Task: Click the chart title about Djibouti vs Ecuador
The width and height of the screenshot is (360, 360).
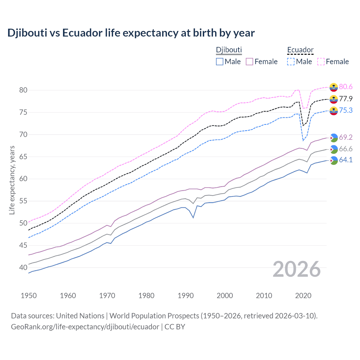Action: [131, 33]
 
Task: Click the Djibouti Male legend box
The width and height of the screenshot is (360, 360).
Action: [220, 62]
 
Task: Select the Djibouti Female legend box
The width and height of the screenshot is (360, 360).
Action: [249, 62]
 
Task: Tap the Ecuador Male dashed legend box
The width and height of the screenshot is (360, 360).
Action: [291, 62]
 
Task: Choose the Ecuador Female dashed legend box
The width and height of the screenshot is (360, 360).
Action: [321, 62]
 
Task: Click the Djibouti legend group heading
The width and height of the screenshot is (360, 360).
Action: [229, 50]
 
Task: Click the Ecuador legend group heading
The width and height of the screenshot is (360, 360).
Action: [300, 50]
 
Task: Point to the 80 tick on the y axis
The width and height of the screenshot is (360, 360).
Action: [23, 90]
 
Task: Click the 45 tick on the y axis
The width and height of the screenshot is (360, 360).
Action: [23, 246]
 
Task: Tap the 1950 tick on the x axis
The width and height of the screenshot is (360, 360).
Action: [29, 296]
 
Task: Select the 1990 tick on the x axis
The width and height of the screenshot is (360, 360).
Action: [186, 296]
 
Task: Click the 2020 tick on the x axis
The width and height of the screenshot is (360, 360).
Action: [303, 296]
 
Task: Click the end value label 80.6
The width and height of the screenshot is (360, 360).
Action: [346, 87]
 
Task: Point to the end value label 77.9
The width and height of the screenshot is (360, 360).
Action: [346, 99]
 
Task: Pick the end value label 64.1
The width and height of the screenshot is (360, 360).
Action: [346, 160]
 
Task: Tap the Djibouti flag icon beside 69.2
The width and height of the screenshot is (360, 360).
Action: [334, 138]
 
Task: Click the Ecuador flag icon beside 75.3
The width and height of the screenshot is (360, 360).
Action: [334, 111]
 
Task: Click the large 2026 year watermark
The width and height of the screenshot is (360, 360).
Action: [296, 269]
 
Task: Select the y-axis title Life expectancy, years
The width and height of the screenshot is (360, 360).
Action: [12, 180]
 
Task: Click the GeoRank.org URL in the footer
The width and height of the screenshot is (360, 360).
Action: [85, 327]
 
